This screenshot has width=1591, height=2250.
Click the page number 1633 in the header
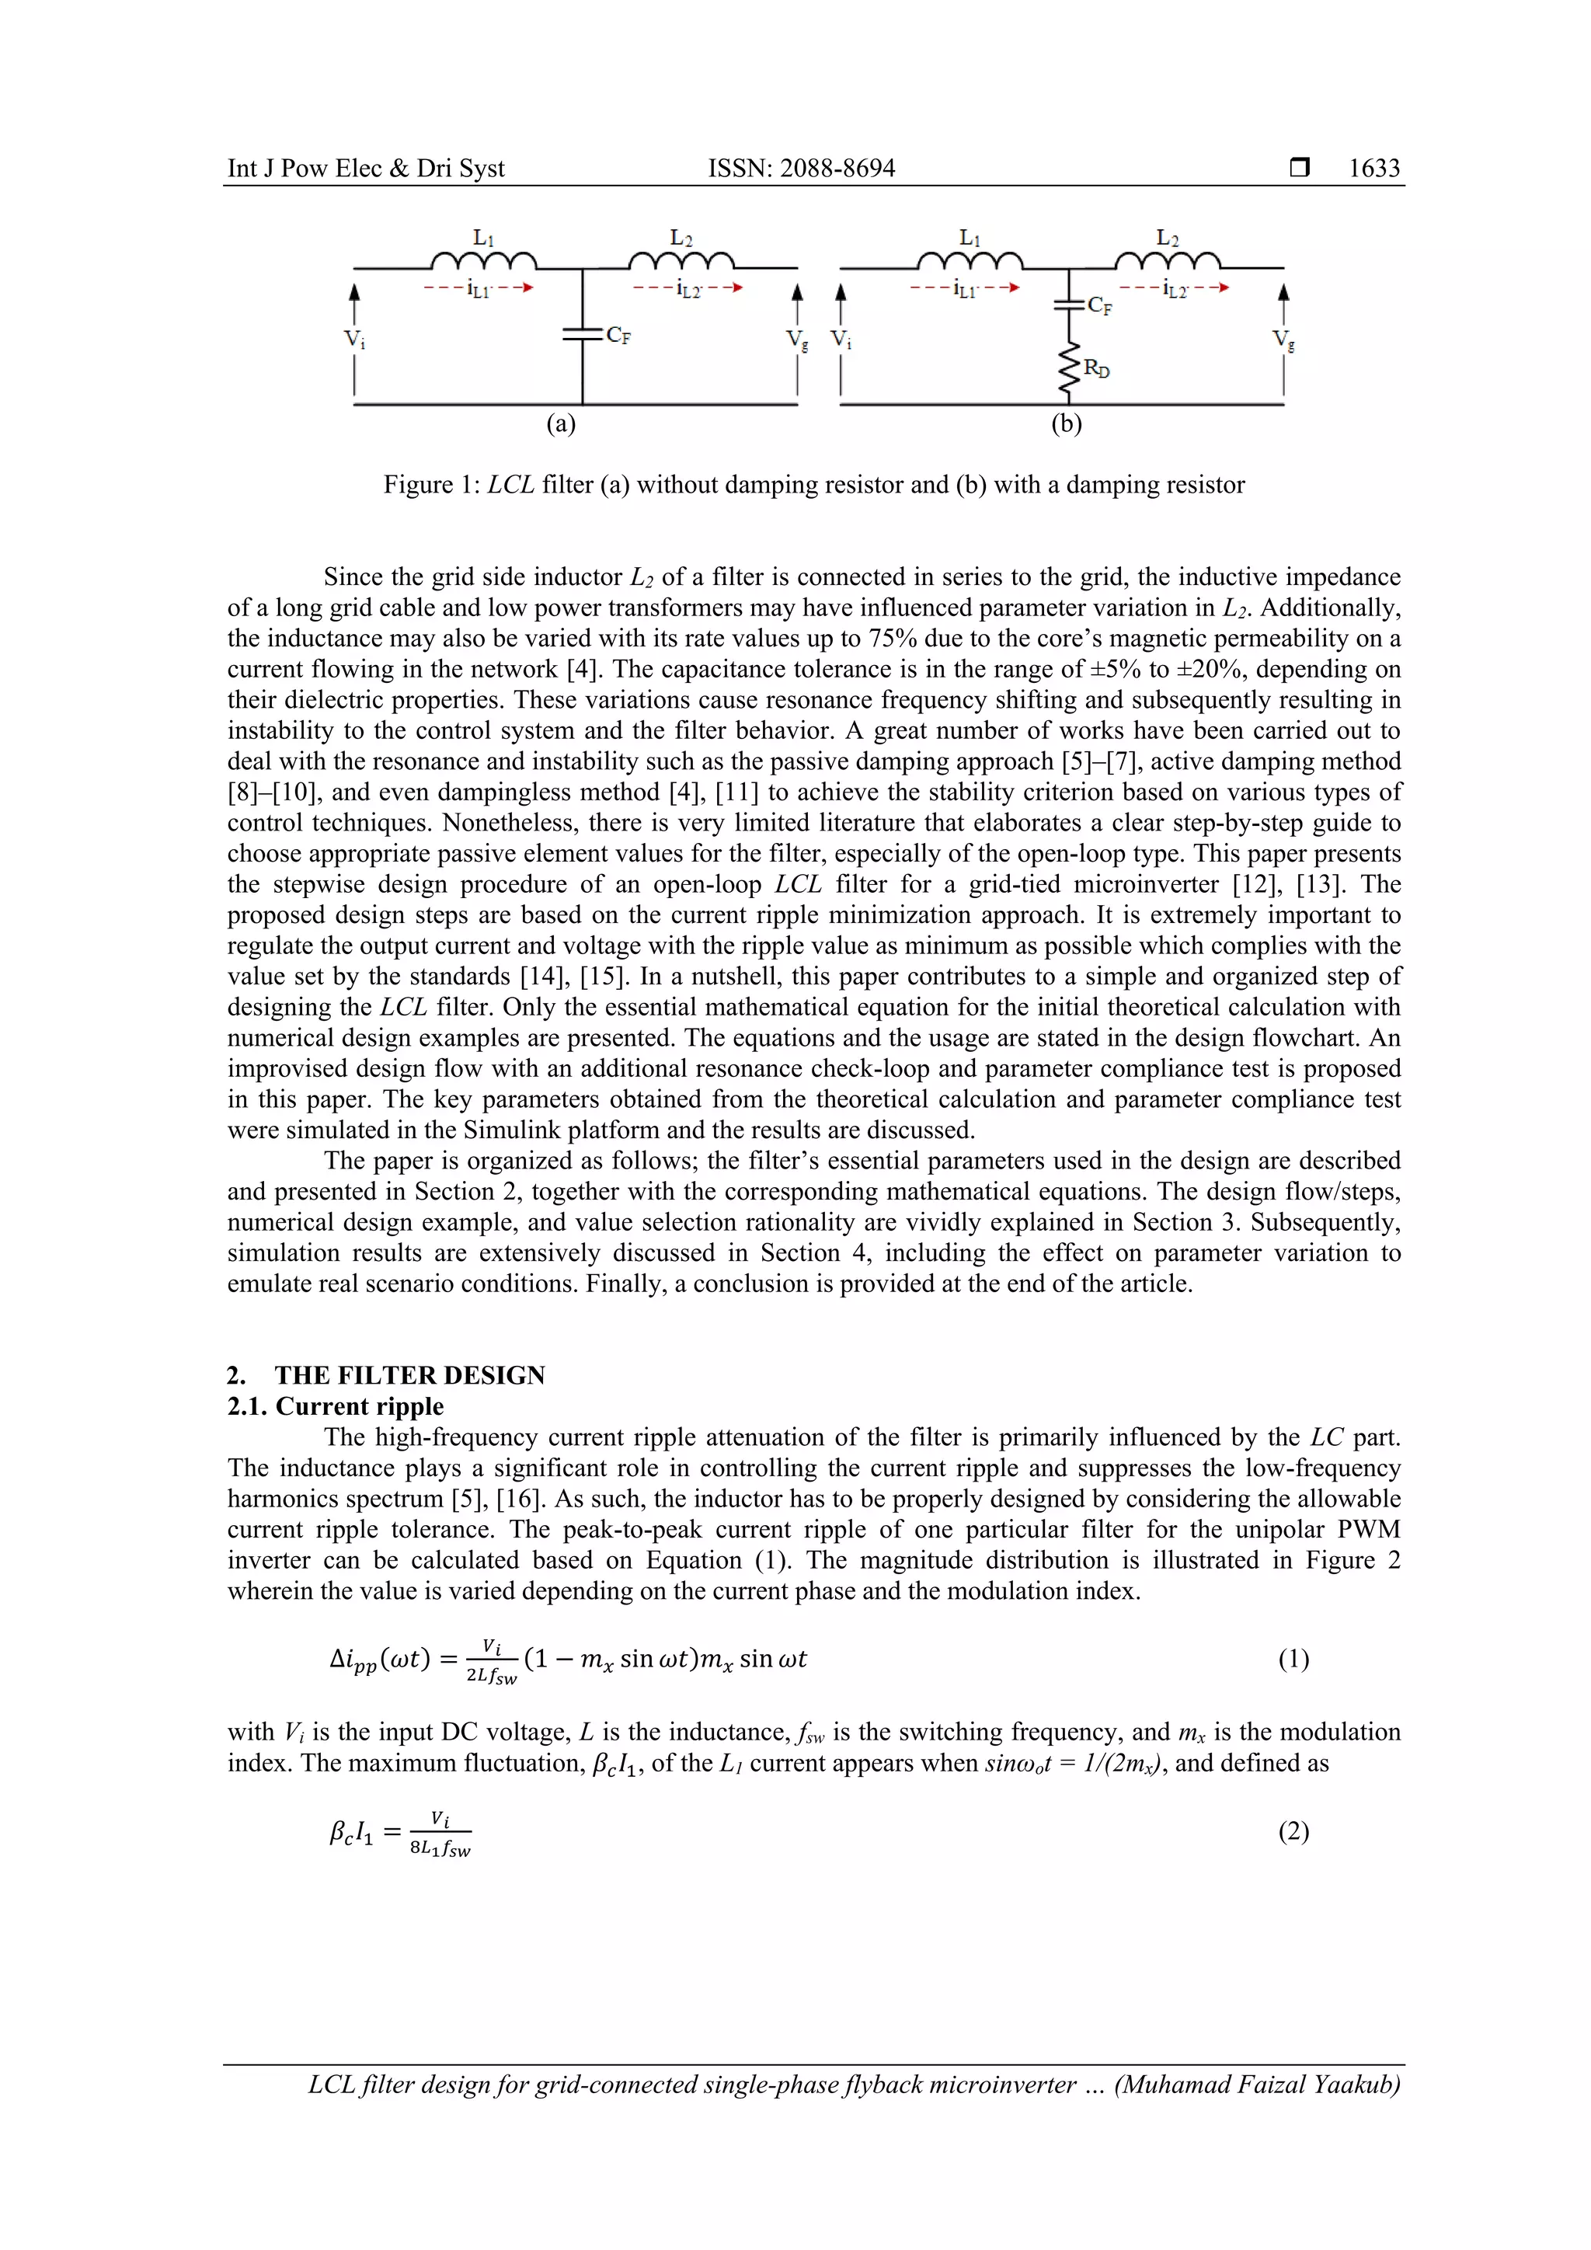pyautogui.click(x=1373, y=169)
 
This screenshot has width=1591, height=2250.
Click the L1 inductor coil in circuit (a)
pyautogui.click(x=483, y=261)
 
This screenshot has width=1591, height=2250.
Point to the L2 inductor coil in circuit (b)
pyautogui.click(x=1167, y=261)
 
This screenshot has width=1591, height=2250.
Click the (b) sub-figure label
pyautogui.click(x=1066, y=423)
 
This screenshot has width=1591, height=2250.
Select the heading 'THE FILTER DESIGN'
pyautogui.click(x=409, y=1375)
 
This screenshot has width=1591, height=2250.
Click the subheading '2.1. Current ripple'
pyautogui.click(x=335, y=1406)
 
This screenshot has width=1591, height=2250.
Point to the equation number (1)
pyautogui.click(x=1293, y=1659)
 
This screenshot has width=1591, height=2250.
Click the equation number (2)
pyautogui.click(x=1293, y=1831)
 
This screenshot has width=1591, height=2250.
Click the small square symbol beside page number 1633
pyautogui.click(x=1299, y=169)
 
